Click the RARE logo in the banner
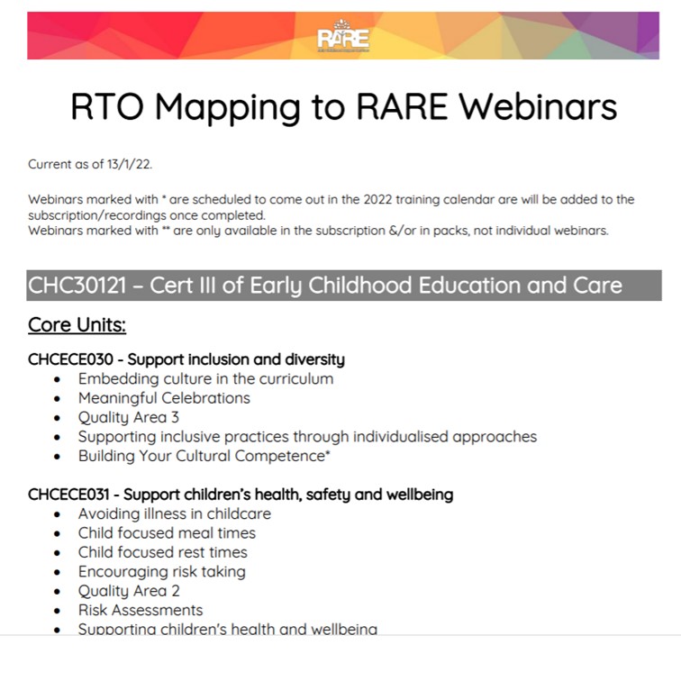click(x=343, y=37)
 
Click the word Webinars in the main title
click(x=538, y=107)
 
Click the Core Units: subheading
click(x=77, y=324)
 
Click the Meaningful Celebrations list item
click(x=164, y=398)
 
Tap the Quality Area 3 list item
click(x=128, y=417)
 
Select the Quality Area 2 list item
click(x=128, y=591)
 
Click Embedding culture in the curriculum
click(x=205, y=378)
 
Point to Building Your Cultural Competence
click(x=201, y=456)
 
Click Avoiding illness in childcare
click(x=174, y=513)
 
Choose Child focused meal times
click(x=167, y=533)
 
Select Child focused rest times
click(x=162, y=552)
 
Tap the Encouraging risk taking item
click(x=161, y=571)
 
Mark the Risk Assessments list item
click(x=140, y=610)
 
